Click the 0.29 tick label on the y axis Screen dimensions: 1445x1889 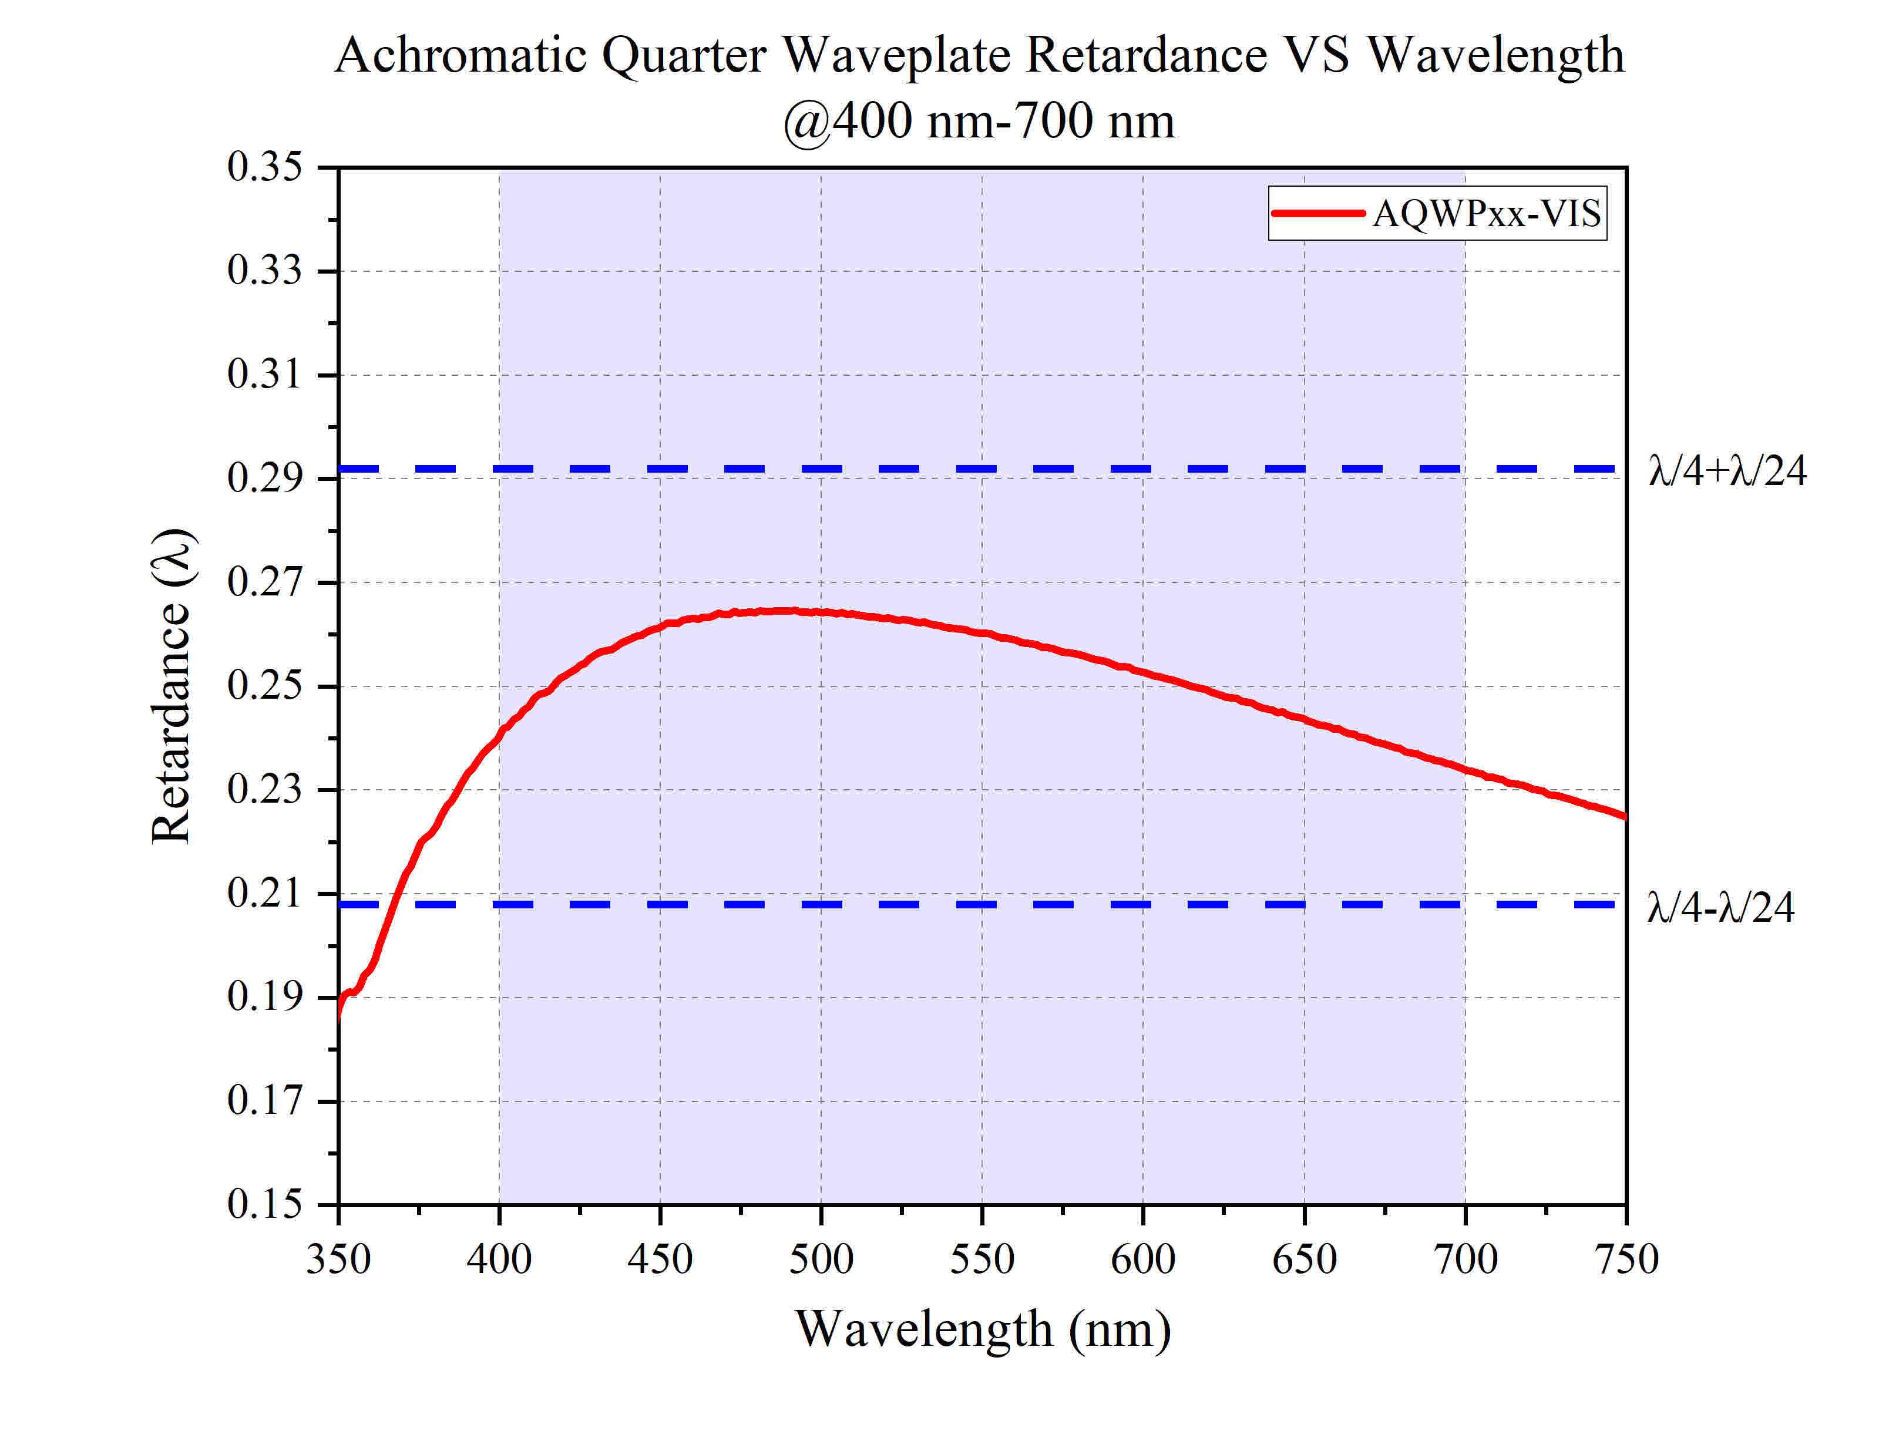click(264, 478)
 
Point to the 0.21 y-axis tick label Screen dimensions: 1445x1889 click(264, 894)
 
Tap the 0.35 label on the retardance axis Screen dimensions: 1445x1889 click(264, 167)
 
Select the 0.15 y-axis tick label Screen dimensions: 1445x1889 click(264, 1204)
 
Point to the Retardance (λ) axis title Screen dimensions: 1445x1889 click(171, 686)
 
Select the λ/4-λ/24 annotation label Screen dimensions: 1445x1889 click(1720, 907)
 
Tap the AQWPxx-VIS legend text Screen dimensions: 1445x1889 click(1487, 213)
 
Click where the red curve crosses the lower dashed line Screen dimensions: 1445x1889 click(394, 905)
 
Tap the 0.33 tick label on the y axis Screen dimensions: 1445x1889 click(264, 271)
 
